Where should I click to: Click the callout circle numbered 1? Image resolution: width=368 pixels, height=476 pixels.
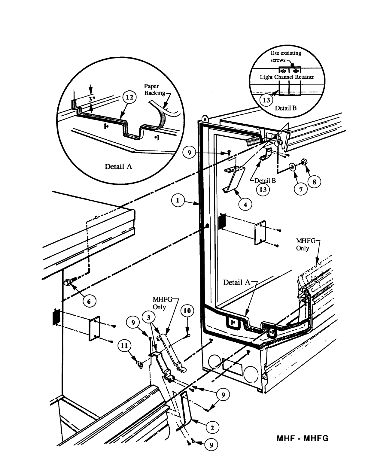pos(178,200)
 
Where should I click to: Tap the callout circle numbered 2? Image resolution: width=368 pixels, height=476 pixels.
pos(212,428)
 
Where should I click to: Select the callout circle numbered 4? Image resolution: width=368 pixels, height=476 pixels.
pos(245,205)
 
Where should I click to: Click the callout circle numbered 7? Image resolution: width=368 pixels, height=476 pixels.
pos(301,189)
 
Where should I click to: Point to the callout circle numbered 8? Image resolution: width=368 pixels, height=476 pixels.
pos(315,182)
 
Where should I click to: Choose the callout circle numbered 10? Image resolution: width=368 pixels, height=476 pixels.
pos(187,311)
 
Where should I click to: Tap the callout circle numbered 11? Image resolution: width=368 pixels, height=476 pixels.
pos(124,346)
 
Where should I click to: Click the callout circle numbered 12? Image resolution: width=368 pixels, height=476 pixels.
pos(129,97)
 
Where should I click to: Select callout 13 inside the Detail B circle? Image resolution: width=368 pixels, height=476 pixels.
pos(266,100)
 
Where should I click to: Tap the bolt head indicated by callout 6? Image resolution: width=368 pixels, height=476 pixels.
pos(67,282)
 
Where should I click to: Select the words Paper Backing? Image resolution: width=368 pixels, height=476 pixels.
pos(155,89)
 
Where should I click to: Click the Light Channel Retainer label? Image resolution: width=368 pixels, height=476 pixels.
pos(287,77)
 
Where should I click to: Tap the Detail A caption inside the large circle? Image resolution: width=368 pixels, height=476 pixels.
pos(118,167)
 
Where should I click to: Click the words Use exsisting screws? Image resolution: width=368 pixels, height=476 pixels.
pos(285,56)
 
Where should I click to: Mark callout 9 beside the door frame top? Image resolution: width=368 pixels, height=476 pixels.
pos(189,152)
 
